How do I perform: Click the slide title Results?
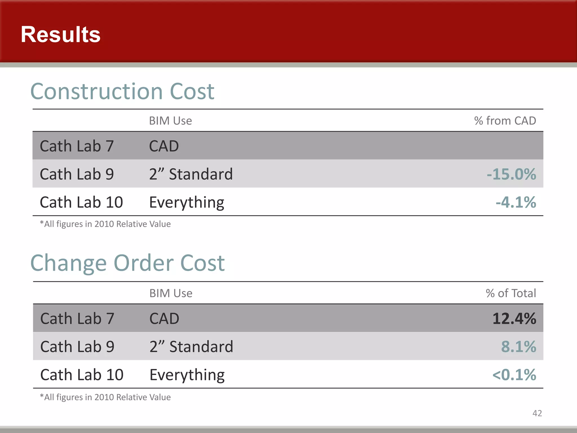click(x=61, y=34)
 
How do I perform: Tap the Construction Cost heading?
click(x=122, y=92)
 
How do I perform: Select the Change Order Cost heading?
click(x=127, y=263)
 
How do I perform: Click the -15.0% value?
click(x=511, y=174)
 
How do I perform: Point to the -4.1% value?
click(x=516, y=202)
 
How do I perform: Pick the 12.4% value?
click(x=514, y=319)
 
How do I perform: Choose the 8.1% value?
click(x=518, y=346)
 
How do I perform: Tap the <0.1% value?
click(x=514, y=375)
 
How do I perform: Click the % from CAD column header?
click(x=505, y=121)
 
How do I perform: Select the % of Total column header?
click(x=511, y=293)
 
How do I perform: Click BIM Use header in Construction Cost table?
click(x=170, y=121)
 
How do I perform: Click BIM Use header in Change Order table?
click(x=171, y=293)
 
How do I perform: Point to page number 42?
click(x=537, y=413)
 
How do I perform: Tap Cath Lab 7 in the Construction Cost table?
click(x=77, y=146)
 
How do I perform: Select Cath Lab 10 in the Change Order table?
click(x=82, y=375)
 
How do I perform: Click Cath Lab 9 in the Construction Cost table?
click(x=77, y=174)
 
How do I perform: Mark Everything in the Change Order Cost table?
click(x=187, y=375)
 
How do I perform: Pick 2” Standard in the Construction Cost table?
click(x=191, y=174)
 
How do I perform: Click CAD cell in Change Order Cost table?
click(x=164, y=319)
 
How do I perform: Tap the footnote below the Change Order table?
click(x=105, y=397)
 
